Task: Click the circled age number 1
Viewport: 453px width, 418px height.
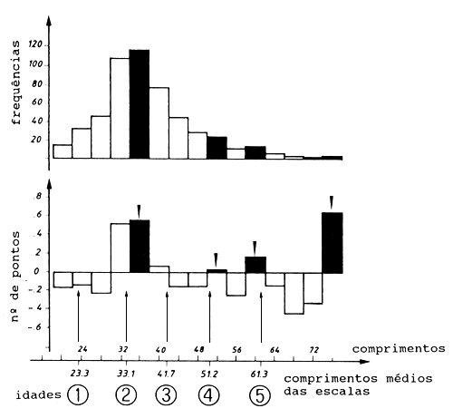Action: coord(79,396)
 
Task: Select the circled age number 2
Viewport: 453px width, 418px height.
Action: coord(127,396)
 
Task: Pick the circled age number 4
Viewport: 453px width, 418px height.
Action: coord(210,396)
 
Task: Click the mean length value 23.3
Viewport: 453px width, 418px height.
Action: coord(79,372)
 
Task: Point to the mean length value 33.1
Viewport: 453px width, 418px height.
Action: coord(127,372)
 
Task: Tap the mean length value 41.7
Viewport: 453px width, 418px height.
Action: coord(169,372)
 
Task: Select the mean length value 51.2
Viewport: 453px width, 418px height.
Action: coord(210,372)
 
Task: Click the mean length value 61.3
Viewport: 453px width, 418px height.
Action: coord(261,372)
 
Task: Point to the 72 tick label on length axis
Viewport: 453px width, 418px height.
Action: coord(313,348)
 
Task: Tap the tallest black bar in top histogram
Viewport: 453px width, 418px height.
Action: coord(139,104)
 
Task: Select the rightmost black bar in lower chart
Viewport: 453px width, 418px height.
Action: coord(333,242)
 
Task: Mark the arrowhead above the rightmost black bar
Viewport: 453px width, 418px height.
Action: coord(333,200)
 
